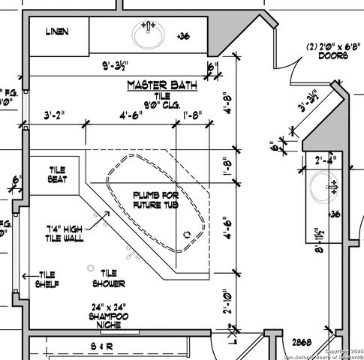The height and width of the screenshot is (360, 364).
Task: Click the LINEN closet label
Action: (57, 31)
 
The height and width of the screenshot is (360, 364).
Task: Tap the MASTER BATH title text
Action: (161, 85)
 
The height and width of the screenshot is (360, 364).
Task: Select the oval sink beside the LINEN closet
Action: (149, 34)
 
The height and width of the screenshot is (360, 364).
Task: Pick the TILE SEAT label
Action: (58, 175)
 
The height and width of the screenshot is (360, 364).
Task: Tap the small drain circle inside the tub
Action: (187, 234)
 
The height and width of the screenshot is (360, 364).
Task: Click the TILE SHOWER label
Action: (109, 278)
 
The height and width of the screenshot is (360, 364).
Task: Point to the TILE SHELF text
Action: (47, 279)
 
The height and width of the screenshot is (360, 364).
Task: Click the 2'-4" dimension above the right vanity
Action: (326, 160)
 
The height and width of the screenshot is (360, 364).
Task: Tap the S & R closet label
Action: (101, 346)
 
